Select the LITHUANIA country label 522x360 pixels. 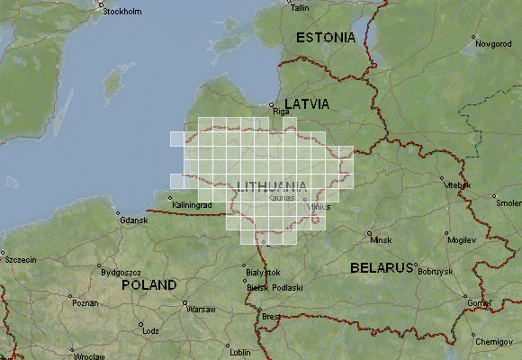click(x=270, y=186)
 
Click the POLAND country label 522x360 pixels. click(x=149, y=284)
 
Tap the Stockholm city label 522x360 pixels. click(x=123, y=12)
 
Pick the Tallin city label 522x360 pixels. click(x=301, y=7)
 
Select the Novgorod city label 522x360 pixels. click(x=492, y=42)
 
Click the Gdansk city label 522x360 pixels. click(x=132, y=220)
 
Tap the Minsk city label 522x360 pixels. click(x=381, y=240)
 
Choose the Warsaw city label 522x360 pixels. click(x=201, y=309)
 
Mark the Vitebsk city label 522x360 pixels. click(x=458, y=184)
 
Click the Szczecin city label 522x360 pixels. click(x=20, y=259)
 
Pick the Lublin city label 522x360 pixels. click(x=239, y=352)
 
